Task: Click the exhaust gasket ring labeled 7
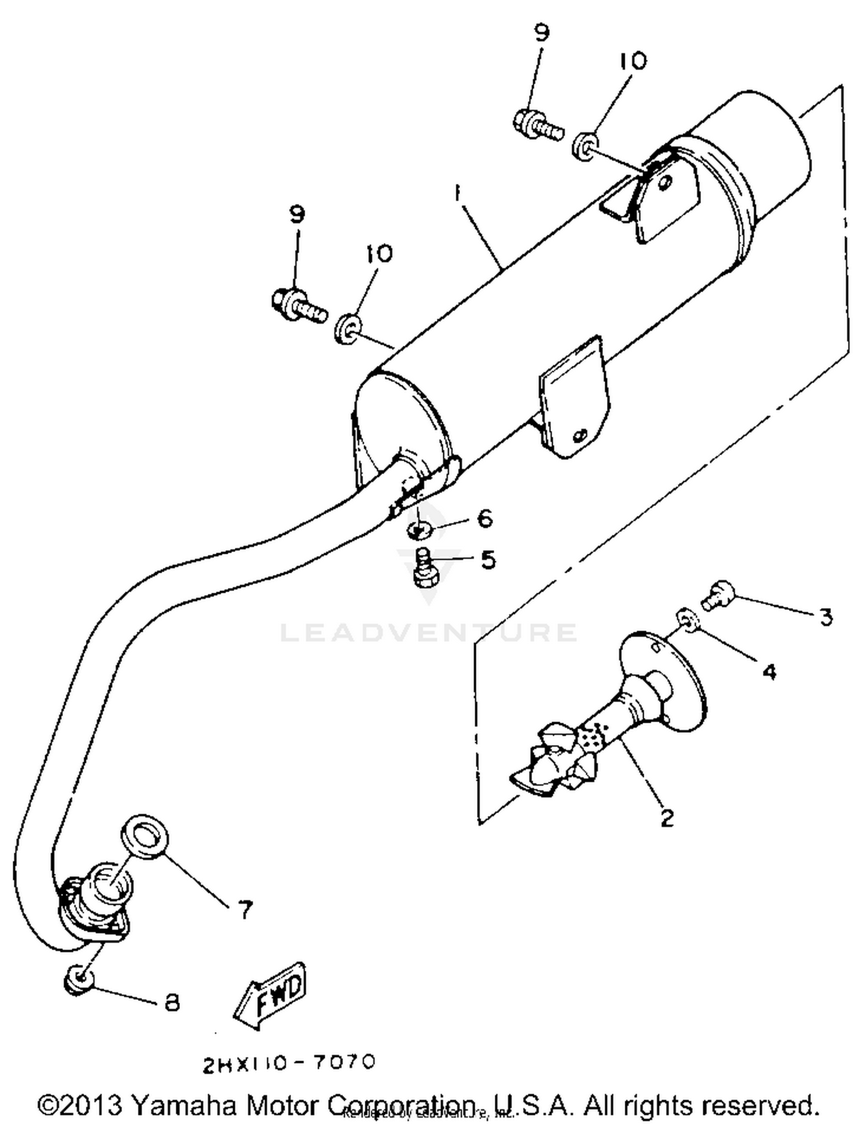145,837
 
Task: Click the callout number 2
667,817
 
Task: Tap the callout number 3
825,617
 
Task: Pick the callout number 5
488,559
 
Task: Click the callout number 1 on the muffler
456,194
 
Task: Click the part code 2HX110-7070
289,1062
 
